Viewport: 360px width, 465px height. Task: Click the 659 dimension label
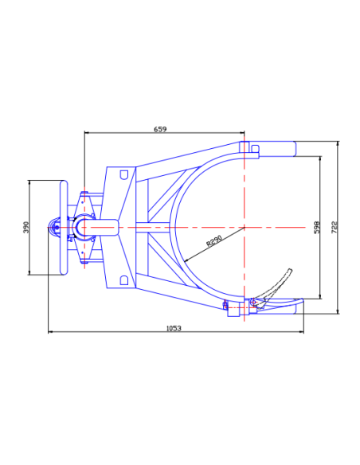pos(160,129)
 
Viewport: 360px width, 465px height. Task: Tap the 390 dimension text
pos(26,227)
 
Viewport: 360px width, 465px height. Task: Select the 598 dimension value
pos(317,227)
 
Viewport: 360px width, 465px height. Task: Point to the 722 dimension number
pos(335,227)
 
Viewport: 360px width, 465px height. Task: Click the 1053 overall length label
pos(174,328)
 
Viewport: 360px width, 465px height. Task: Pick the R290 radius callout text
pos(214,240)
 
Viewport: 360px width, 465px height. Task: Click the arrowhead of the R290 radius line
pos(186,260)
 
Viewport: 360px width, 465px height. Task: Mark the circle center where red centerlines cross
pos(244,227)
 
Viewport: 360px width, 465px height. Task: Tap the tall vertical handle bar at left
pos(64,227)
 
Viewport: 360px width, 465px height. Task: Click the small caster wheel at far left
pos(53,228)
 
